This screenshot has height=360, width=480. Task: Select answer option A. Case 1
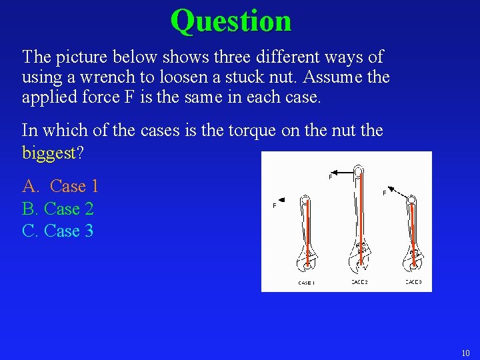click(x=61, y=186)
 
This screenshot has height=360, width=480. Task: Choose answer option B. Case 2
click(x=58, y=209)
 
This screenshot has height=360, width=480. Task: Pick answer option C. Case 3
click(x=58, y=231)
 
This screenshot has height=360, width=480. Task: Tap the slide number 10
click(x=465, y=353)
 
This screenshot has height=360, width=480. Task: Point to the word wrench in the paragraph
click(x=87, y=77)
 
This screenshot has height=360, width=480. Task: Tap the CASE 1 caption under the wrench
click(x=306, y=283)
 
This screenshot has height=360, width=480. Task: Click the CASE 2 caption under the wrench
click(x=359, y=282)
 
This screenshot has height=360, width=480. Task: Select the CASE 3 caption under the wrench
click(x=413, y=282)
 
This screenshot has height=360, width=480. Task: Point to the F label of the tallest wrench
click(x=331, y=177)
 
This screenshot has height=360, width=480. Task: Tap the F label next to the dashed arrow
click(x=384, y=193)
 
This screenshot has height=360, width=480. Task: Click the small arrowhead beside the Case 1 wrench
click(x=283, y=199)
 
